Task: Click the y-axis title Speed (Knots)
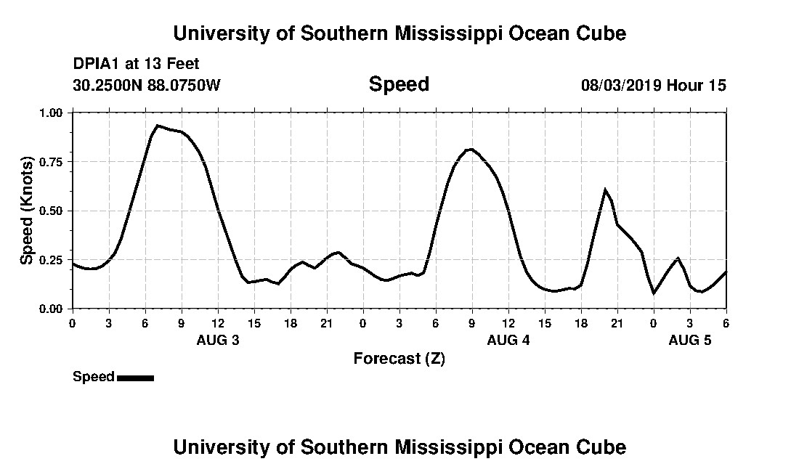[x=26, y=211]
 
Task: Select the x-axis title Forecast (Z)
[x=399, y=358]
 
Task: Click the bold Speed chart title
[x=399, y=84]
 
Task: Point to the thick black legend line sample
[x=135, y=378]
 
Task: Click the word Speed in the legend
[x=94, y=377]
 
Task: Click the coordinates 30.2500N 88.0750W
[x=146, y=85]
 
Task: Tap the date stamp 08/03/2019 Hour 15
[x=653, y=85]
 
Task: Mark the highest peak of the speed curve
[x=158, y=126]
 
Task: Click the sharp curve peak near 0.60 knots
[x=605, y=190]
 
